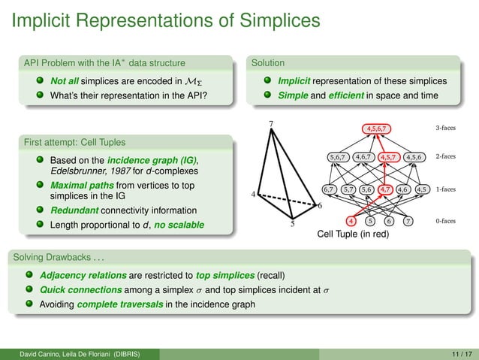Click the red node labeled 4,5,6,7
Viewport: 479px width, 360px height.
point(378,129)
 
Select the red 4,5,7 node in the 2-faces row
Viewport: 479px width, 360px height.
point(389,157)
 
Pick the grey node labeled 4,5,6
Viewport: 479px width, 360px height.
point(414,157)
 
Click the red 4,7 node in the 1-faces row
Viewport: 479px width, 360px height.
point(387,189)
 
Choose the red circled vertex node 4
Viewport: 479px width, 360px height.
point(351,221)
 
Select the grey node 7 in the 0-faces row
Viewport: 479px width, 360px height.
point(407,221)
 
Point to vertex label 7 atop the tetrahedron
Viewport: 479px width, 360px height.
point(271,123)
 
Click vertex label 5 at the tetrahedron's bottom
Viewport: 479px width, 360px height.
point(293,224)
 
